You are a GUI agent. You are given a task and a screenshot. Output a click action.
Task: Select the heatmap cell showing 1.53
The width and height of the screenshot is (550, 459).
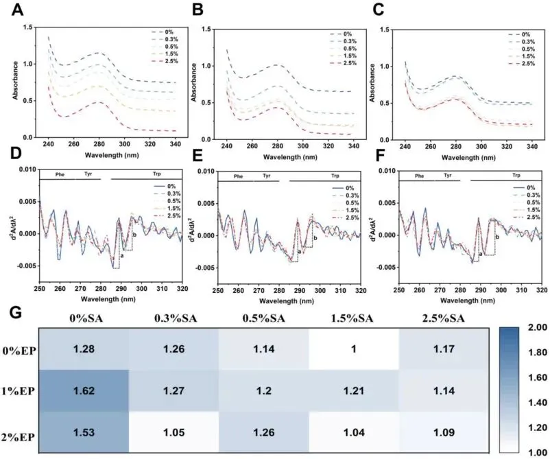tap(83, 435)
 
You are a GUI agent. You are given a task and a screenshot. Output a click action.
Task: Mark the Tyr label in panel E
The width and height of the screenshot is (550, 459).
tap(263, 176)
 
